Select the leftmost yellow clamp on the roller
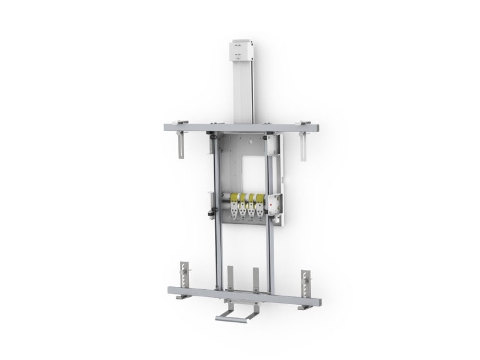[x=233, y=199]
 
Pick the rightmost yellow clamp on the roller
[x=259, y=199]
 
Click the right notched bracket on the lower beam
[x=305, y=282]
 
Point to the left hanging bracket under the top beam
[x=181, y=144]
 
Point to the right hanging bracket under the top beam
[x=304, y=146]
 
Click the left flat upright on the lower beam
[x=230, y=279]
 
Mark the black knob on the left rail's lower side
[x=211, y=213]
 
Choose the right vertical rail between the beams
[x=269, y=252]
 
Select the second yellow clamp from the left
[x=242, y=199]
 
